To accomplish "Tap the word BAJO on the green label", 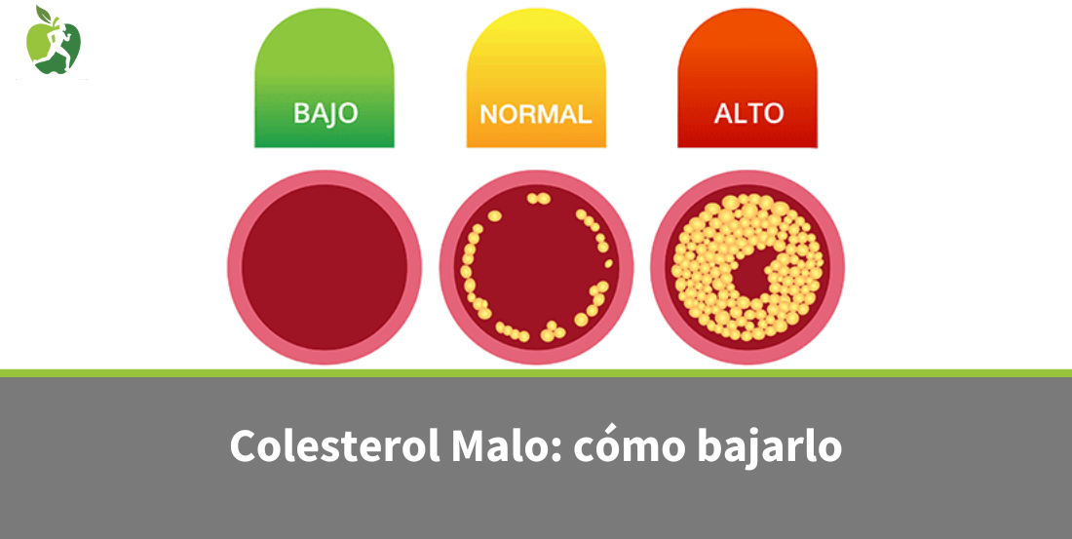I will click(x=325, y=113).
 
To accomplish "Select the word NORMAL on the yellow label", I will click(x=536, y=114).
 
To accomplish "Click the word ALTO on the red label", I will click(x=748, y=113).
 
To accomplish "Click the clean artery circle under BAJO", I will click(x=325, y=267).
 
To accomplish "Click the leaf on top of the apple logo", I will click(x=44, y=15).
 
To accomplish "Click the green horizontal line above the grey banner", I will click(x=536, y=373).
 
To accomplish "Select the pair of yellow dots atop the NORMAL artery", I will click(x=538, y=198).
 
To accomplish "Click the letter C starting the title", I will click(x=243, y=446).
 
